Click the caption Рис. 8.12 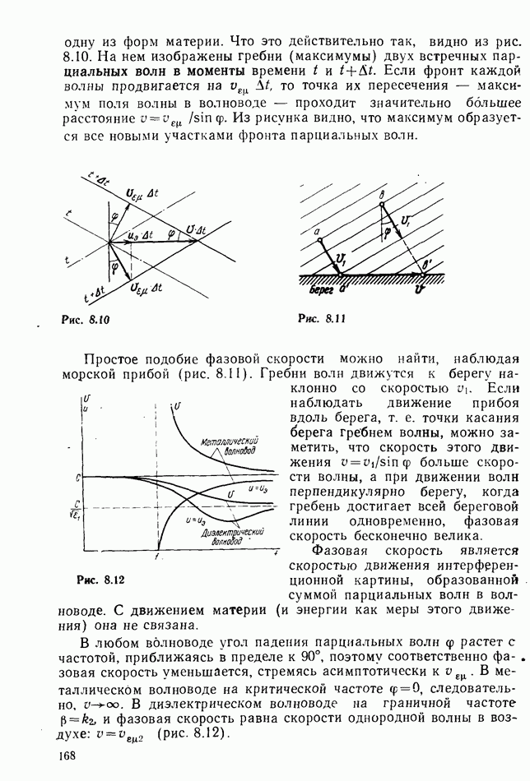[100, 580]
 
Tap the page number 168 [67, 756]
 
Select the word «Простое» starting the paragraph [112, 358]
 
